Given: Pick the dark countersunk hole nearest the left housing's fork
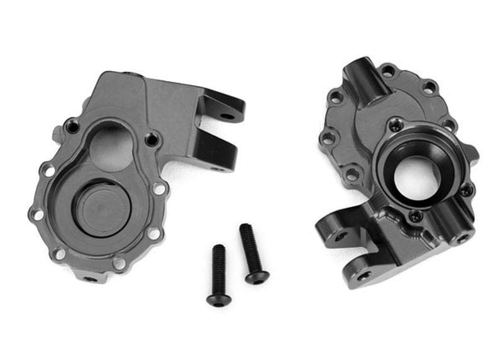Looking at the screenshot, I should (x=151, y=139).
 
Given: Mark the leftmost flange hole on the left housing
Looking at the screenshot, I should (x=37, y=214).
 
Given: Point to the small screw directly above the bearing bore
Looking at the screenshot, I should (x=395, y=126).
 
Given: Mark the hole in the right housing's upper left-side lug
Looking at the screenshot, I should (x=340, y=236).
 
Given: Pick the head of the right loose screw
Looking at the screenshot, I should (x=257, y=276).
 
